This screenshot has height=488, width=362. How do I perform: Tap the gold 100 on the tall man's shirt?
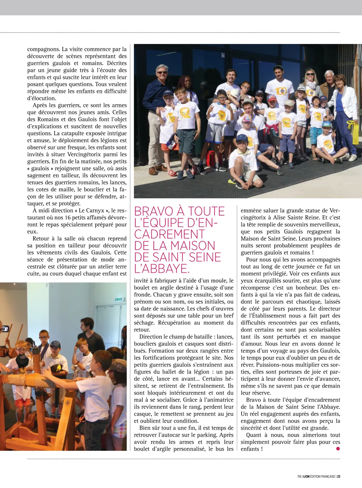tap(281, 91)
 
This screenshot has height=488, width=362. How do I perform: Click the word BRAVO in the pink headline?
tap(154, 211)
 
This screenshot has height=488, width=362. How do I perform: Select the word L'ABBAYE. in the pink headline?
tap(162, 268)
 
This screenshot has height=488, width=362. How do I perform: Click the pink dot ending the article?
tap(338, 449)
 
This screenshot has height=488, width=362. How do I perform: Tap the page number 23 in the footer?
tap(339, 477)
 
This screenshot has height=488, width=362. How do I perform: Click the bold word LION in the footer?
tap(305, 477)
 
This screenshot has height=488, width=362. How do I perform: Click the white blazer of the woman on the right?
tap(347, 102)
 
